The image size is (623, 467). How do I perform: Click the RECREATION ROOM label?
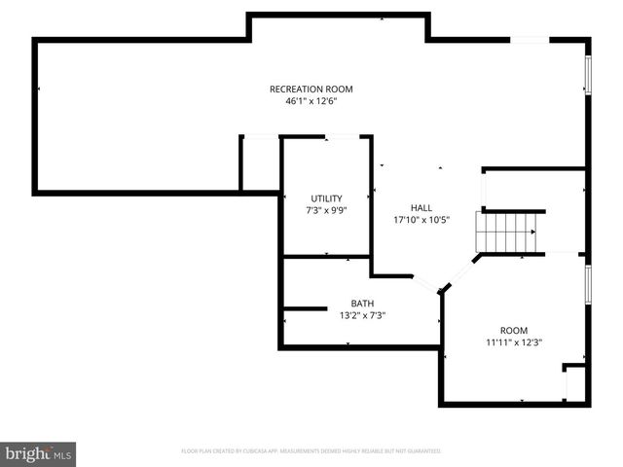tap(311, 90)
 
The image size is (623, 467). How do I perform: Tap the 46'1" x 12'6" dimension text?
tap(311, 100)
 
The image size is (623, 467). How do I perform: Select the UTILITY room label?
tap(326, 198)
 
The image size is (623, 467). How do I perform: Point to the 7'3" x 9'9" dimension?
tap(326, 209)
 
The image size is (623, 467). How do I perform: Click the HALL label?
tap(421, 208)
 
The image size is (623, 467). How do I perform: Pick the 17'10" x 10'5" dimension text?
tap(421, 220)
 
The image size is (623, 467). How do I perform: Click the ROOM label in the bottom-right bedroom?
tap(513, 331)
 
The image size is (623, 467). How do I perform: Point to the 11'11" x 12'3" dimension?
tap(513, 342)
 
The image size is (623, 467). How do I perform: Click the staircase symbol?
tap(505, 233)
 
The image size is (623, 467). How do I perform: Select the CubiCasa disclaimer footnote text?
tap(311, 451)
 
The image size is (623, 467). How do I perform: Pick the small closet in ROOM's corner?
tap(575, 383)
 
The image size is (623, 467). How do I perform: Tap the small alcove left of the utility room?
tap(260, 163)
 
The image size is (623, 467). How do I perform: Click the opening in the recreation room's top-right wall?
tap(531, 40)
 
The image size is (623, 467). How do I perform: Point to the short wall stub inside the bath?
tap(305, 308)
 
